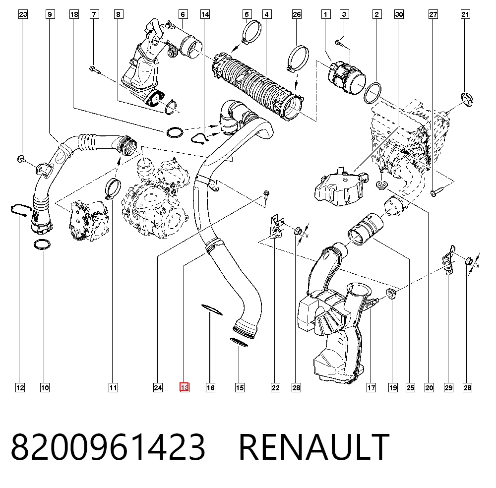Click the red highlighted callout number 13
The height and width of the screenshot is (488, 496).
(185, 387)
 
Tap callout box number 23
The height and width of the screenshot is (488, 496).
(23, 14)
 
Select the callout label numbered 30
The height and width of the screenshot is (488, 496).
(399, 14)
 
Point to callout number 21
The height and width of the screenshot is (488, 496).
(465, 14)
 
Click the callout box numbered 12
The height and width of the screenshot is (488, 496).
(20, 387)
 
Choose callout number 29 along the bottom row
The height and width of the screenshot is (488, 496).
(448, 387)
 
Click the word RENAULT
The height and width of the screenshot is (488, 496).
(314, 447)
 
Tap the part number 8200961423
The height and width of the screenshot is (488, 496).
(108, 447)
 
